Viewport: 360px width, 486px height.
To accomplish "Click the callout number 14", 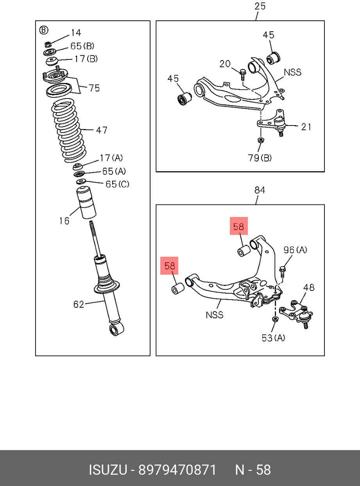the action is coord(76,33).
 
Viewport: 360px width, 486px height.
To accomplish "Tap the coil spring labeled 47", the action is coord(68,131).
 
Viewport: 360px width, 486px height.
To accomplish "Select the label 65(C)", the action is coord(117,184).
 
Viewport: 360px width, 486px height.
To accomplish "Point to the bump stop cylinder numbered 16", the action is coord(86,202).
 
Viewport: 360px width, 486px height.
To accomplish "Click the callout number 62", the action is coord(79,304).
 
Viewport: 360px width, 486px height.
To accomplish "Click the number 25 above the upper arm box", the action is coord(260,6).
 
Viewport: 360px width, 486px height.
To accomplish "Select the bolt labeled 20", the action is coord(243,75).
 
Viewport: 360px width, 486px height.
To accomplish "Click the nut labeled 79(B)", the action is coord(261,140).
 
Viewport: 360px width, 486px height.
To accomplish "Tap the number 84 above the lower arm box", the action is coord(260,190).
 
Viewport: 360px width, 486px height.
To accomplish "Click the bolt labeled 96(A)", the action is coord(283,272).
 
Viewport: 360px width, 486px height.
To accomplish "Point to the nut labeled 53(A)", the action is coord(274,319).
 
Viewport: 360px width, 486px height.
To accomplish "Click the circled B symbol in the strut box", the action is coord(44,30).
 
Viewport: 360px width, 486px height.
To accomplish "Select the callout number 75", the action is coord(94,88).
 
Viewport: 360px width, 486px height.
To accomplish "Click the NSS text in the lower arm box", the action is coord(215,315).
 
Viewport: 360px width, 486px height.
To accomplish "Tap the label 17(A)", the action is coord(111,158).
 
